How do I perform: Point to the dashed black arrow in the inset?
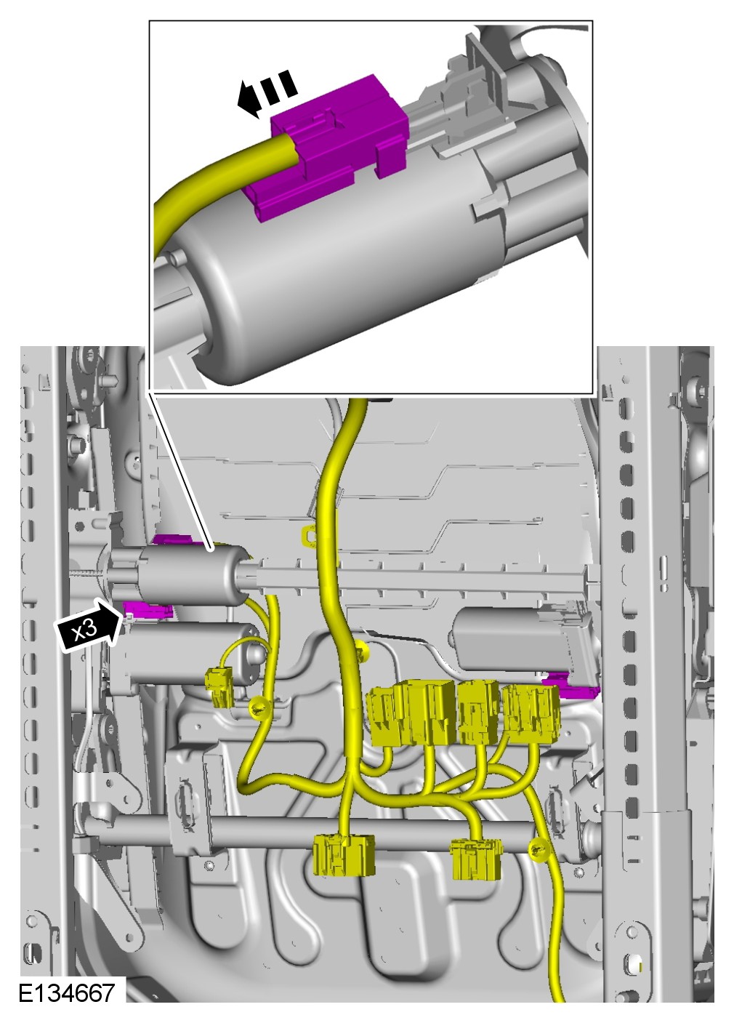click(x=267, y=94)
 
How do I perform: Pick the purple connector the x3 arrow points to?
click(x=147, y=609)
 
